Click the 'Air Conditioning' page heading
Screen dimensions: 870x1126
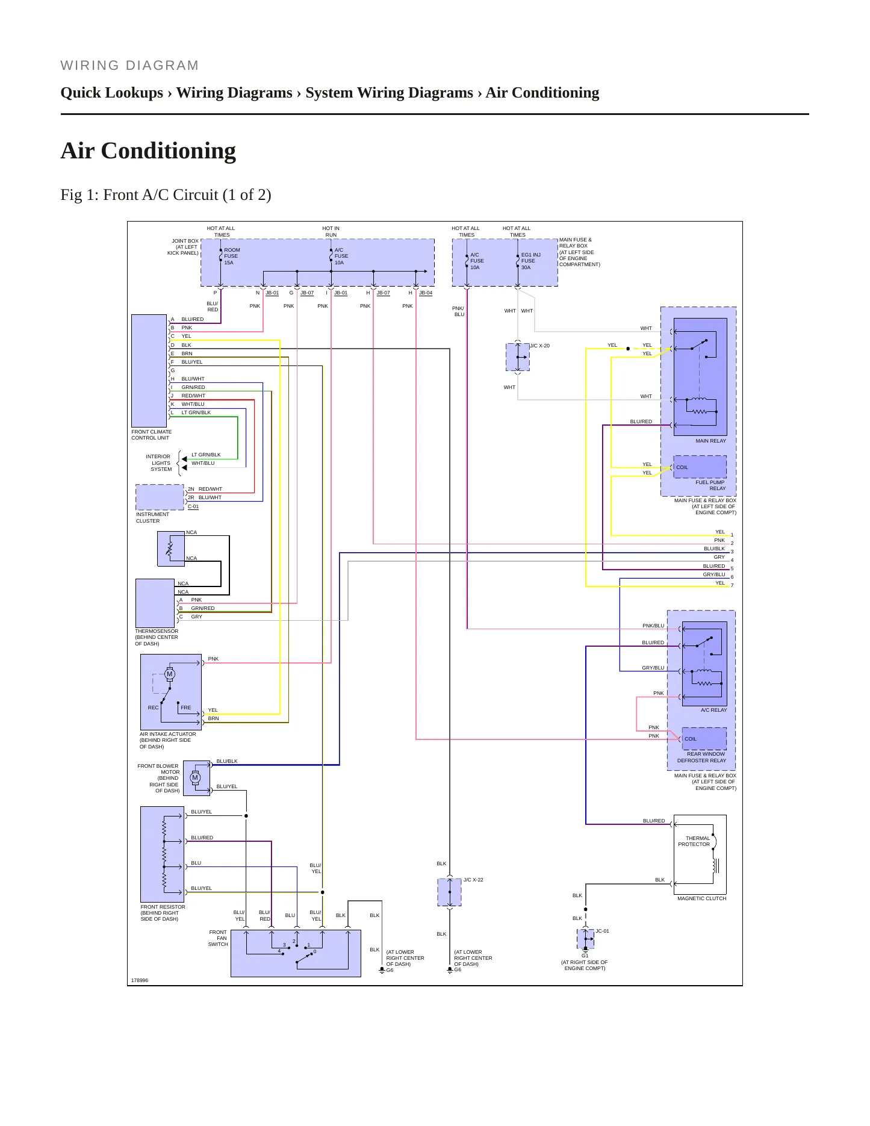pyautogui.click(x=148, y=151)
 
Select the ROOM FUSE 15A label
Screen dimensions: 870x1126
pyautogui.click(x=232, y=256)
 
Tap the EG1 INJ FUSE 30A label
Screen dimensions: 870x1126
pyautogui.click(x=530, y=261)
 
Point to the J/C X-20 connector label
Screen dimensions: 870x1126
pyautogui.click(x=539, y=346)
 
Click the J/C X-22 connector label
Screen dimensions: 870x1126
pyautogui.click(x=473, y=880)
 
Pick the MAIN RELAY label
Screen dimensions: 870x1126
pyautogui.click(x=710, y=441)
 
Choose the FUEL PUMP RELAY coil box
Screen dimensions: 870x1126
pyautogui.click(x=700, y=467)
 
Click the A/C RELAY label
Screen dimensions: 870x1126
pyautogui.click(x=713, y=710)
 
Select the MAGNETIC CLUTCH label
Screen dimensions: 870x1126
pyautogui.click(x=701, y=898)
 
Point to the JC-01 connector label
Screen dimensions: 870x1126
pyautogui.click(x=602, y=931)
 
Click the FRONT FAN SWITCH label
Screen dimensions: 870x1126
pyautogui.click(x=218, y=938)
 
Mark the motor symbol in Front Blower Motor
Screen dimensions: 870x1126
pyautogui.click(x=195, y=777)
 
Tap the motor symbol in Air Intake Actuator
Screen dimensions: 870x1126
pyautogui.click(x=170, y=674)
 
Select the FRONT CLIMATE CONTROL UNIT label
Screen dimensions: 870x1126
pyautogui.click(x=151, y=435)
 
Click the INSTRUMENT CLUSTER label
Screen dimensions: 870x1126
pyautogui.click(x=152, y=517)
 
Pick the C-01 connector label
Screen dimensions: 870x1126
pyautogui.click(x=193, y=506)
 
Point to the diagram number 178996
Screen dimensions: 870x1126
pyautogui.click(x=140, y=980)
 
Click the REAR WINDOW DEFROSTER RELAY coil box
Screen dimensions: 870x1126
pyautogui.click(x=704, y=738)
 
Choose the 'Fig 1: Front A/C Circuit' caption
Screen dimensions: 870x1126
pyautogui.click(x=166, y=195)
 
